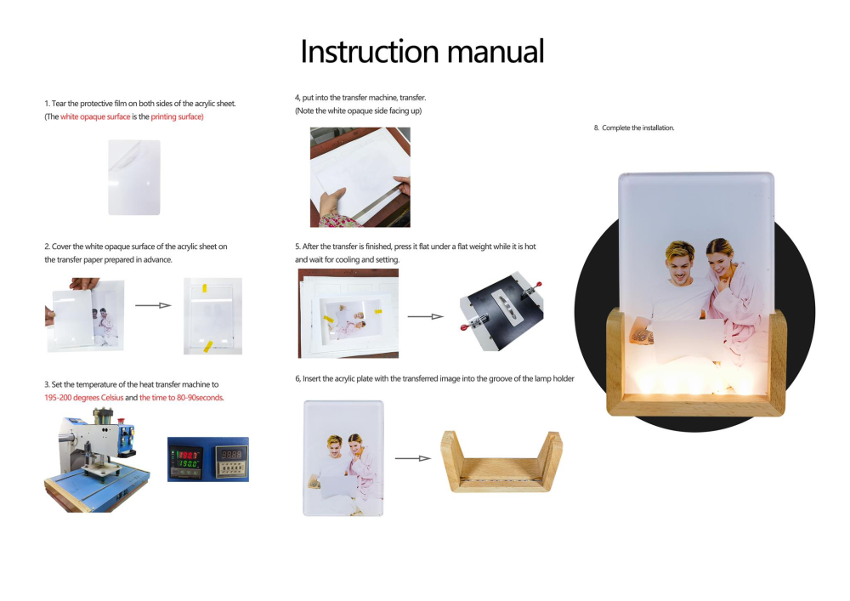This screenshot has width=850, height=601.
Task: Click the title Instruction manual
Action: (422, 51)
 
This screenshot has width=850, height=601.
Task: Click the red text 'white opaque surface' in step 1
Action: (95, 116)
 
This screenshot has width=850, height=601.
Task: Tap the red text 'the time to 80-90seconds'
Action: (181, 398)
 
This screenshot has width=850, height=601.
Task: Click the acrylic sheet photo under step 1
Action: (134, 177)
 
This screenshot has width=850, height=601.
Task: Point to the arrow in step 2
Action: (153, 303)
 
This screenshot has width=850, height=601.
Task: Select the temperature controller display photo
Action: (207, 459)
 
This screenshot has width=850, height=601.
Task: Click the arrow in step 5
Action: (426, 316)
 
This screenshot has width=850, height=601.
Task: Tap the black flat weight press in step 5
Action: (501, 310)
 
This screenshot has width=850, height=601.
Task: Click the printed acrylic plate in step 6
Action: (343, 457)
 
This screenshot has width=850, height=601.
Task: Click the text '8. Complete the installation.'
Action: (634, 128)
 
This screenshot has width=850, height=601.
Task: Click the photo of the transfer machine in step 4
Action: (360, 177)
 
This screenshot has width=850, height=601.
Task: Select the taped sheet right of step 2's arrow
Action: (212, 315)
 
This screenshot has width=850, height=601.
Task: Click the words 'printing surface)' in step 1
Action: (177, 116)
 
